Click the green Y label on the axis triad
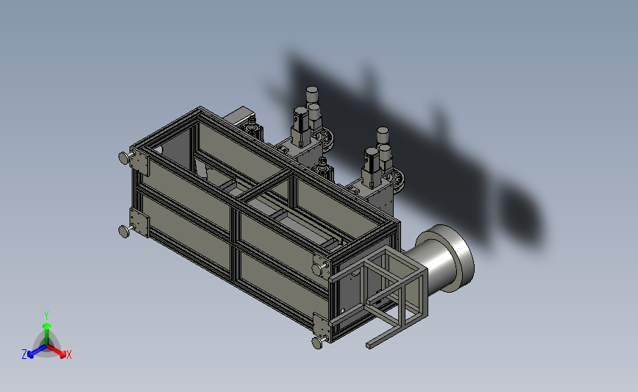(46, 316)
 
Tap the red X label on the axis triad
(68, 355)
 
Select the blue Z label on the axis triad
(24, 354)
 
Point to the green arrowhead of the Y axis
(46, 326)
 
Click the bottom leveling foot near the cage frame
(318, 342)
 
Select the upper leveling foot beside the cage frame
(319, 268)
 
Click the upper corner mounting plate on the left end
(139, 162)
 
